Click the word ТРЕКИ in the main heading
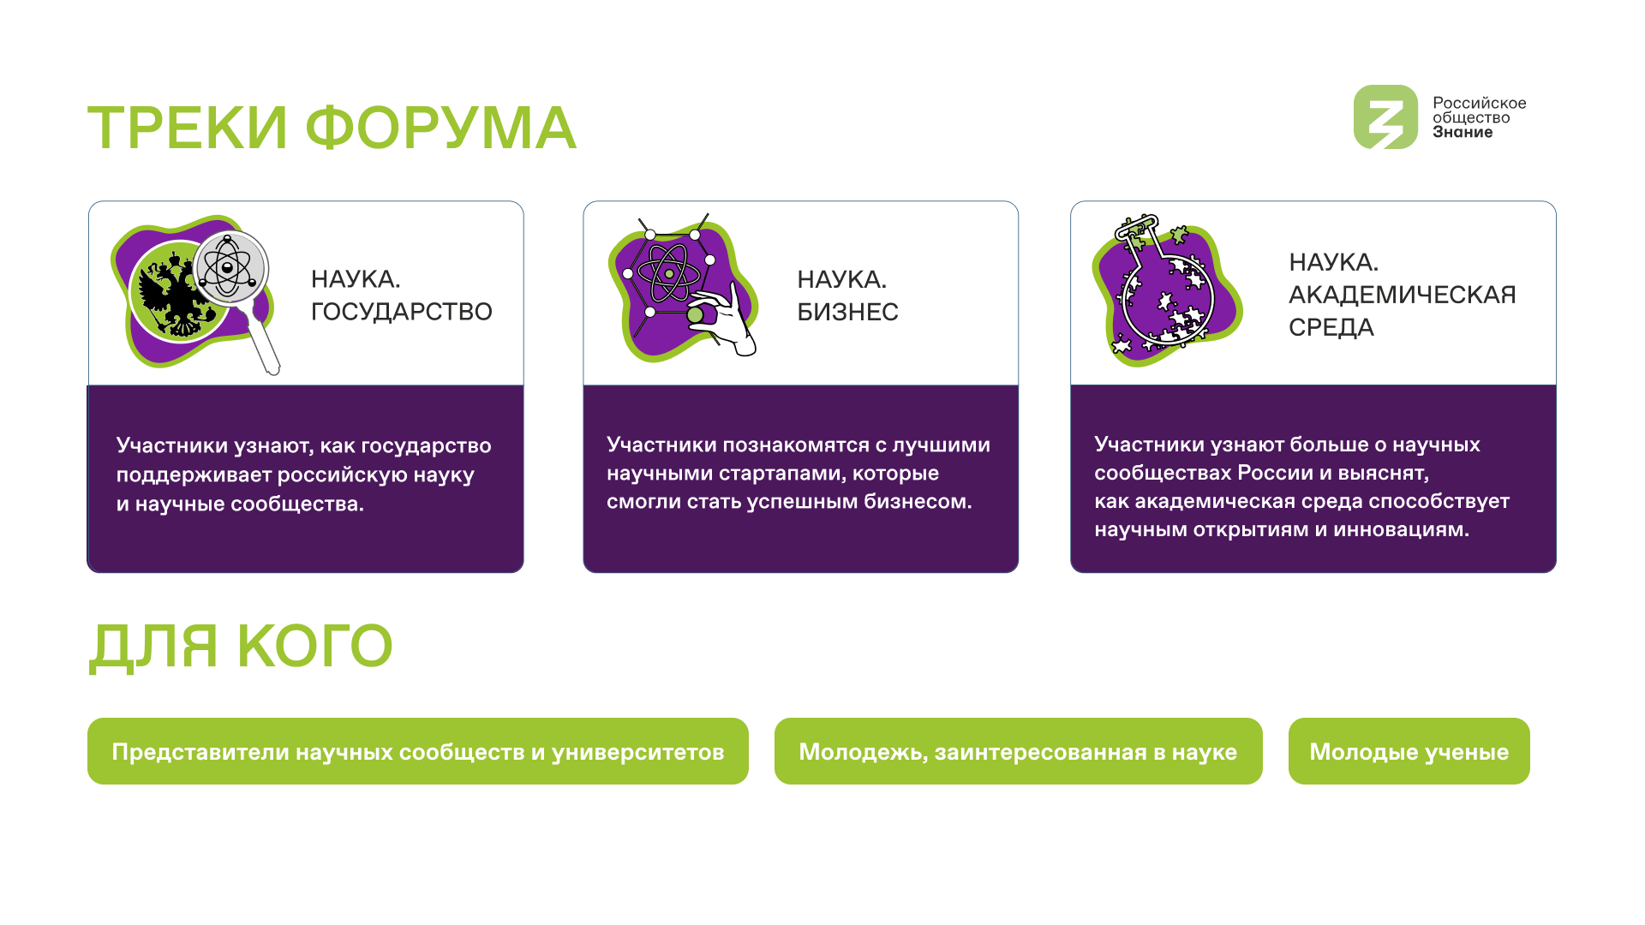pos(188,128)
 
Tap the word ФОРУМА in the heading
pos(441,128)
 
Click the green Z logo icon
pos(1385,117)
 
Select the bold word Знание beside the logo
pos(1463,133)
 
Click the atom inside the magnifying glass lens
pos(228,268)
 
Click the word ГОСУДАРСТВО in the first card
pos(402,312)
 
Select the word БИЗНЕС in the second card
pos(847,312)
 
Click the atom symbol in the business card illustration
pos(669,273)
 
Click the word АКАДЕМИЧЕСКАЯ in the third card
pos(1403,295)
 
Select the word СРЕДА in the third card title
pos(1331,327)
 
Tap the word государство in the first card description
pos(426,446)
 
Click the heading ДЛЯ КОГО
pos(241,647)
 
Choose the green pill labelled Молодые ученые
pos(1409,751)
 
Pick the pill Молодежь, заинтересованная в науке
pos(1019,751)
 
